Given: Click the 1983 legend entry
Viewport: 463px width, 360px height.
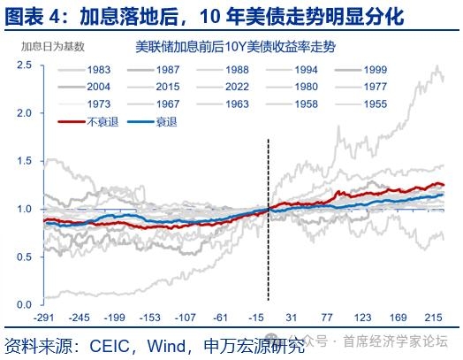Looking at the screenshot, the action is click(85, 70).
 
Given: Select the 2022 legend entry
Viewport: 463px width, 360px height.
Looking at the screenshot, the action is click(223, 87).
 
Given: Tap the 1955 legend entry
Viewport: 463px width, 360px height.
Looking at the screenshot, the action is click(361, 104).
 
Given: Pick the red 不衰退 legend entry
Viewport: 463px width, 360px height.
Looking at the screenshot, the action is click(88, 122).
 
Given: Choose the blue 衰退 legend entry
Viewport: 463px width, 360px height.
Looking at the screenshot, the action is click(152, 122).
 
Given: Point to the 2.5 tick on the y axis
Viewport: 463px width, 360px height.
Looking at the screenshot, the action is click(24, 65).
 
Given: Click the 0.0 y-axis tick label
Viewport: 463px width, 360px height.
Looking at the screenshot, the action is click(24, 304).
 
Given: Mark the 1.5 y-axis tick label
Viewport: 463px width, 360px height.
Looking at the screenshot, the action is click(24, 161).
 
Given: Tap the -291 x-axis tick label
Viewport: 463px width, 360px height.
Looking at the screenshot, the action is click(44, 318).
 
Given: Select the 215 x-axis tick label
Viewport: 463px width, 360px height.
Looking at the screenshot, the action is click(434, 318).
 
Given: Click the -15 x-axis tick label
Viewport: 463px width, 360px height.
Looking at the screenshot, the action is click(256, 318).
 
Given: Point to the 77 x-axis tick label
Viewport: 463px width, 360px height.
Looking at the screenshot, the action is click(327, 318).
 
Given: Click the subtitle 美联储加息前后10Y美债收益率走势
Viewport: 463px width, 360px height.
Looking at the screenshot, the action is click(235, 47).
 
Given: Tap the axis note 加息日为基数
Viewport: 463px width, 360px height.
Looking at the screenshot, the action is click(53, 46).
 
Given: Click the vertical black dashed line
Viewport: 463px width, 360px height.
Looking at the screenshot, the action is click(268, 219).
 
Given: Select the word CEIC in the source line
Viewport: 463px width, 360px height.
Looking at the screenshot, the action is click(110, 346).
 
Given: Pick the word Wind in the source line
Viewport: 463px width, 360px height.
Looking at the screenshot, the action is click(166, 346).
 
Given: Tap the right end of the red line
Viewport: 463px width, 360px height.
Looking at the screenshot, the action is click(444, 186).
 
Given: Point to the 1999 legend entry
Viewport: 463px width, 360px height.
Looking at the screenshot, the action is click(361, 70).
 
